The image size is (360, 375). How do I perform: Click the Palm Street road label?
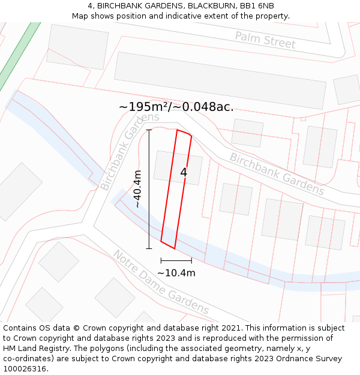click(x=265, y=40)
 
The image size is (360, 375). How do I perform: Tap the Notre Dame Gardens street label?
click(x=161, y=282)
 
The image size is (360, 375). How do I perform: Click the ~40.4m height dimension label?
click(x=138, y=188)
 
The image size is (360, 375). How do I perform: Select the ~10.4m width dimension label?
click(x=176, y=273)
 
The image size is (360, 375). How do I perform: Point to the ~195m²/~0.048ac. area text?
click(x=176, y=107)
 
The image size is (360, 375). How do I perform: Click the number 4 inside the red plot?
click(x=184, y=172)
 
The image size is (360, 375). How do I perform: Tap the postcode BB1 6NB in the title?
click(x=259, y=6)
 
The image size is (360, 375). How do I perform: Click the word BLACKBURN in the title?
click(x=208, y=6)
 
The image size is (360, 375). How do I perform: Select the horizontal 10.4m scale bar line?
click(x=176, y=260)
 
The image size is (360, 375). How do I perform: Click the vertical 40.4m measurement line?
click(x=149, y=188)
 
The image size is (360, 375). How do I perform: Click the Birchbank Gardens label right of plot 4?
click(x=277, y=174)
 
